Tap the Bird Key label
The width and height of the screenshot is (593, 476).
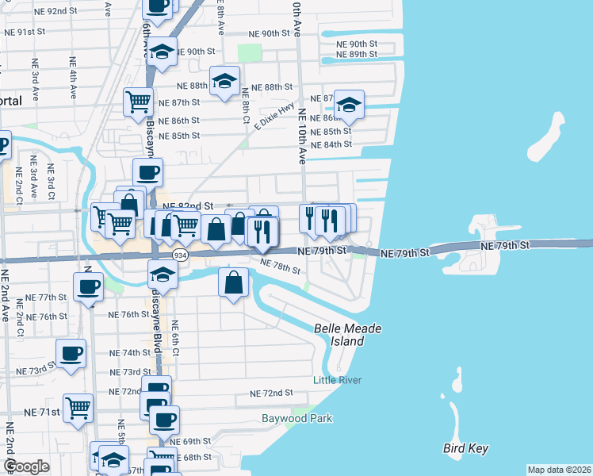point(465,449)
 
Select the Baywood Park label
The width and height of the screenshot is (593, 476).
point(297,418)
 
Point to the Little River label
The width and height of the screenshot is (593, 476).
point(337,380)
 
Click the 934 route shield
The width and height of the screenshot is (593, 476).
point(181,255)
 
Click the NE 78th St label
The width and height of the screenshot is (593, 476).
point(279,267)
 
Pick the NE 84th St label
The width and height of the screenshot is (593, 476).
point(331,145)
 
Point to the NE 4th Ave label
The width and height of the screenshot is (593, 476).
point(73,78)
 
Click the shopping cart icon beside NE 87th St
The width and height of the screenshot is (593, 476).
point(138,101)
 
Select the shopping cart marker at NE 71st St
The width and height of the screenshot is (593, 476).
point(78,409)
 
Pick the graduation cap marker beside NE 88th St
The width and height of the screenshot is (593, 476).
point(225,82)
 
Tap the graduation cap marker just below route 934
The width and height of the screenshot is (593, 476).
point(163,274)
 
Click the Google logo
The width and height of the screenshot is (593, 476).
point(26,466)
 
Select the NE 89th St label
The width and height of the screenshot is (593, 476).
point(356,54)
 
